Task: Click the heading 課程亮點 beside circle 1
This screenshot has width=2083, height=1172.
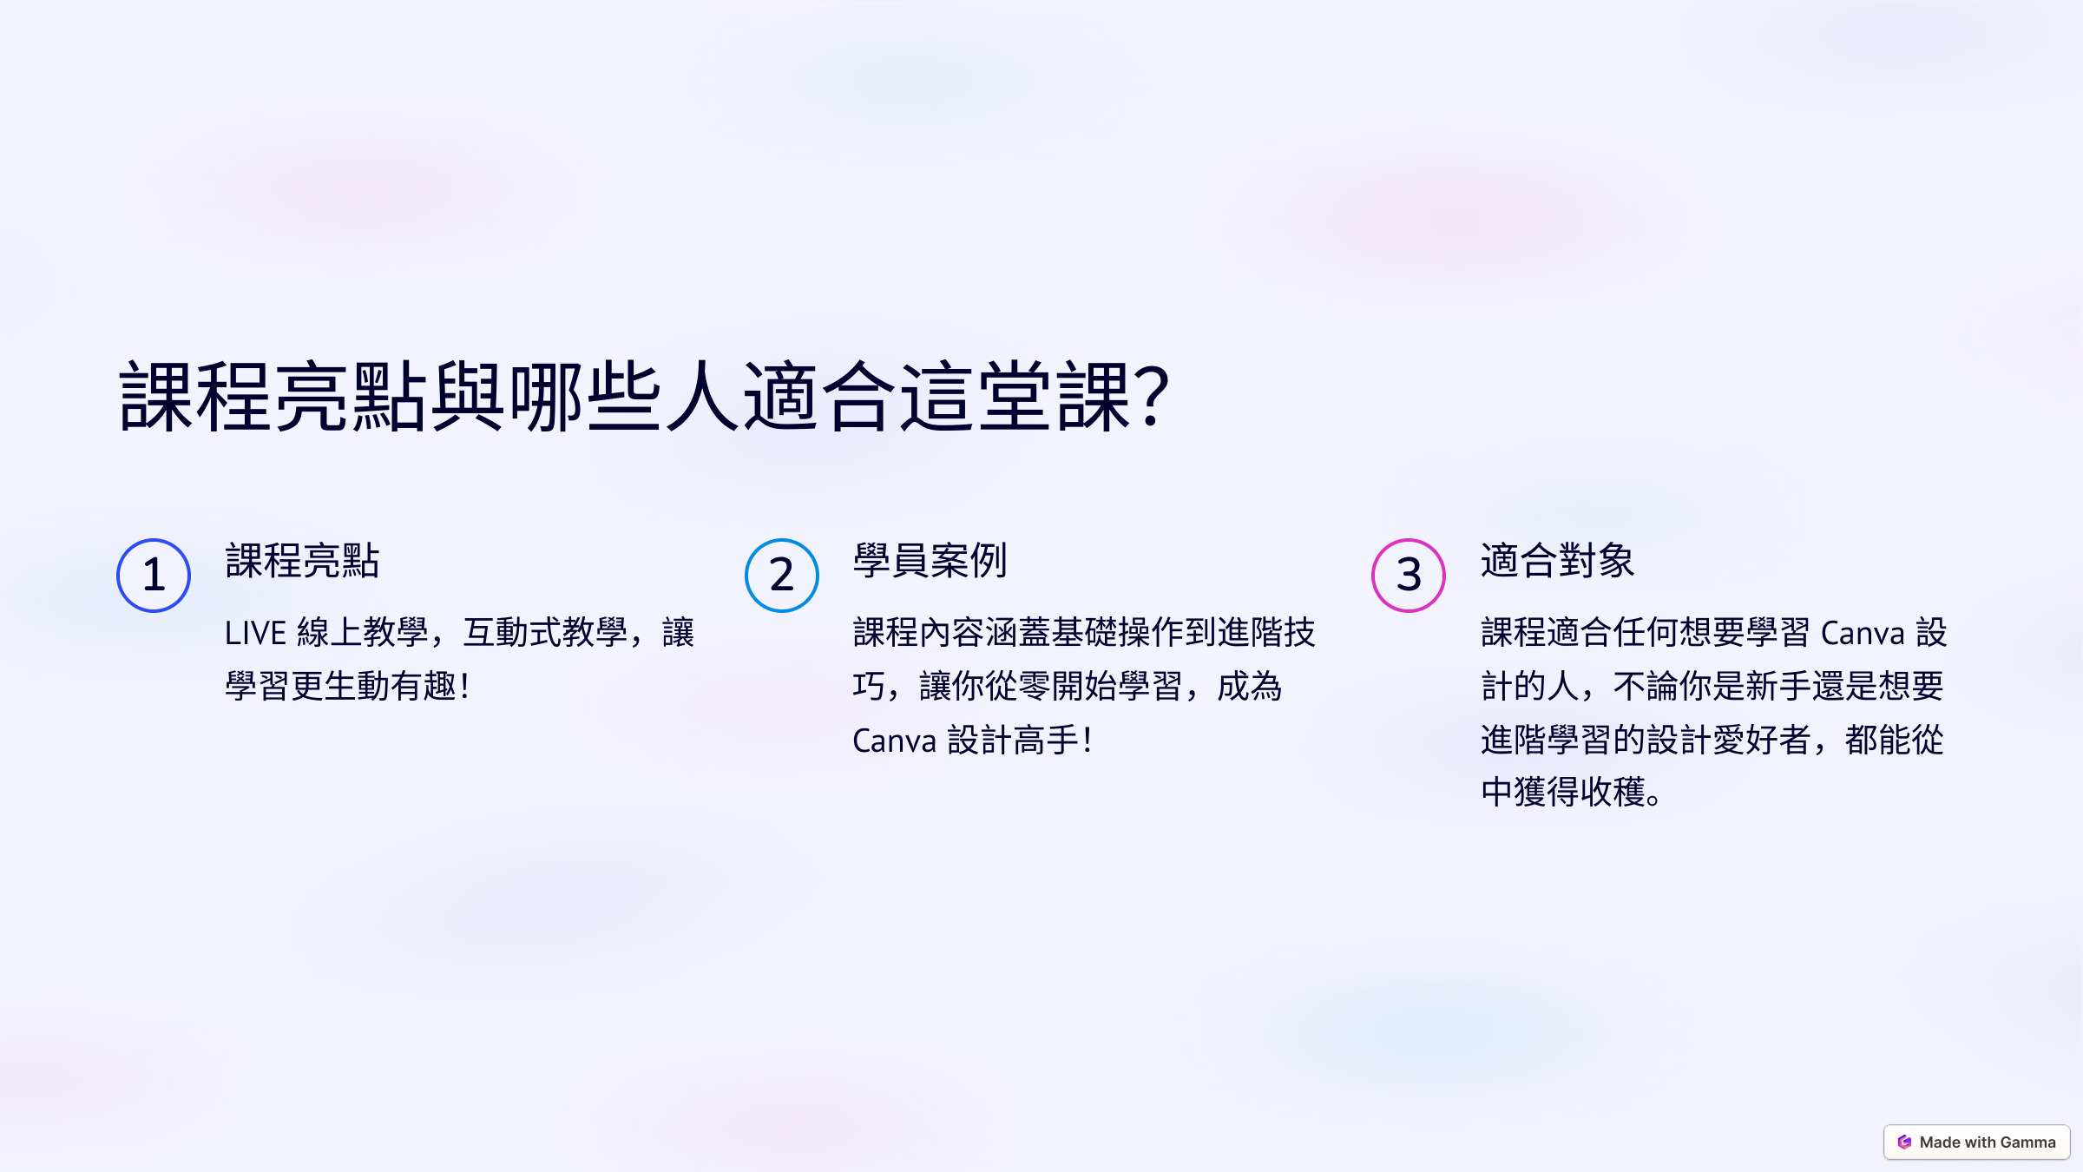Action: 302,561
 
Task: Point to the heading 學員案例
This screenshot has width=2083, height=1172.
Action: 930,561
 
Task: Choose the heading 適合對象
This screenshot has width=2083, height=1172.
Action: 1557,561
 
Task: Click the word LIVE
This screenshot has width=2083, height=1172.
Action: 255,634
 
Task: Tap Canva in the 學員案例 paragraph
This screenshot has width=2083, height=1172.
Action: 894,741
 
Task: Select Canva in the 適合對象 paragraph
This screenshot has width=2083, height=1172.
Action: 1863,634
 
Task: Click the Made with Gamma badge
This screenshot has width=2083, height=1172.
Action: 1976,1142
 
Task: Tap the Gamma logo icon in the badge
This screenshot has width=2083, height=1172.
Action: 1904,1142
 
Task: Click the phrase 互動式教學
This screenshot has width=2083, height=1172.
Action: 545,633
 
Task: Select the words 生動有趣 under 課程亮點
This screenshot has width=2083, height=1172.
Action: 390,687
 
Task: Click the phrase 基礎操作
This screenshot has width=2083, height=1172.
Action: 1117,633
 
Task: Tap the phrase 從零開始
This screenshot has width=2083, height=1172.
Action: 1051,687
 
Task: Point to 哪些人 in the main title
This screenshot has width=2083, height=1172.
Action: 623,398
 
